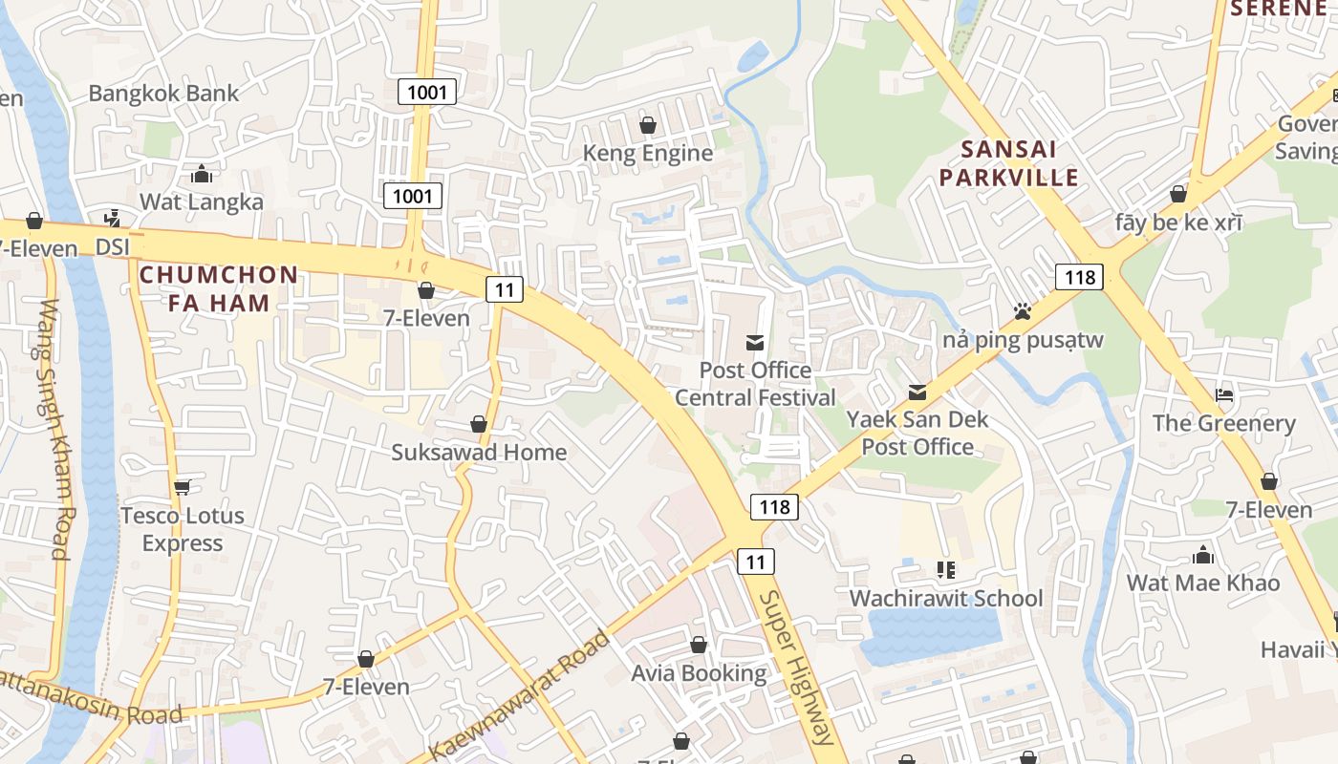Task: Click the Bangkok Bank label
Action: click(x=163, y=93)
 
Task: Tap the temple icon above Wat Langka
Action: click(x=202, y=174)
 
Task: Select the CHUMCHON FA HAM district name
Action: click(x=219, y=288)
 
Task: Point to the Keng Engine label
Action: click(x=648, y=153)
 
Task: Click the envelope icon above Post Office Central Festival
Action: click(x=755, y=343)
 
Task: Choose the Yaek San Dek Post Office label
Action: click(x=917, y=433)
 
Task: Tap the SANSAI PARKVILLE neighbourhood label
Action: click(x=1008, y=163)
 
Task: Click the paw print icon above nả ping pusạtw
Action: click(x=1023, y=311)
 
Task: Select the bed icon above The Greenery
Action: click(x=1224, y=395)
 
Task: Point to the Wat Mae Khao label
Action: click(x=1202, y=583)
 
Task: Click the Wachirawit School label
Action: click(x=946, y=598)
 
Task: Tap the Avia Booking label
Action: click(x=699, y=673)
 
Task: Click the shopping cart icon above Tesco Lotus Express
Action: click(x=183, y=487)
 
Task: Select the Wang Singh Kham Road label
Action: click(x=54, y=430)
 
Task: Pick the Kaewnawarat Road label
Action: click(x=521, y=693)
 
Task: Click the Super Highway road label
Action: click(x=796, y=668)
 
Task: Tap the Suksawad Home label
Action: click(x=479, y=452)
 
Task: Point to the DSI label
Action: click(x=113, y=247)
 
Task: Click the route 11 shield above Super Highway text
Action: click(x=756, y=562)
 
